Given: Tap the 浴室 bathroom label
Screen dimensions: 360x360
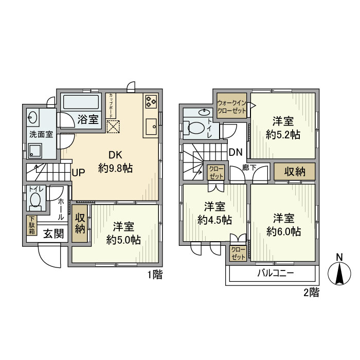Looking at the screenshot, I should (88, 120).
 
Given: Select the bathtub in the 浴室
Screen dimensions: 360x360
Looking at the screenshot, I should (82, 101).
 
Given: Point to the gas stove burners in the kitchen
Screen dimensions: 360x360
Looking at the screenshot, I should (151, 101).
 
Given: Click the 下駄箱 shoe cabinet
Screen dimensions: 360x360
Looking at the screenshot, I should (32, 225).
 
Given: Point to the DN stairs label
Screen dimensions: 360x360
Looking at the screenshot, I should (236, 152).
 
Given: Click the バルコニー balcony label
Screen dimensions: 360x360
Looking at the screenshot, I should (275, 273).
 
